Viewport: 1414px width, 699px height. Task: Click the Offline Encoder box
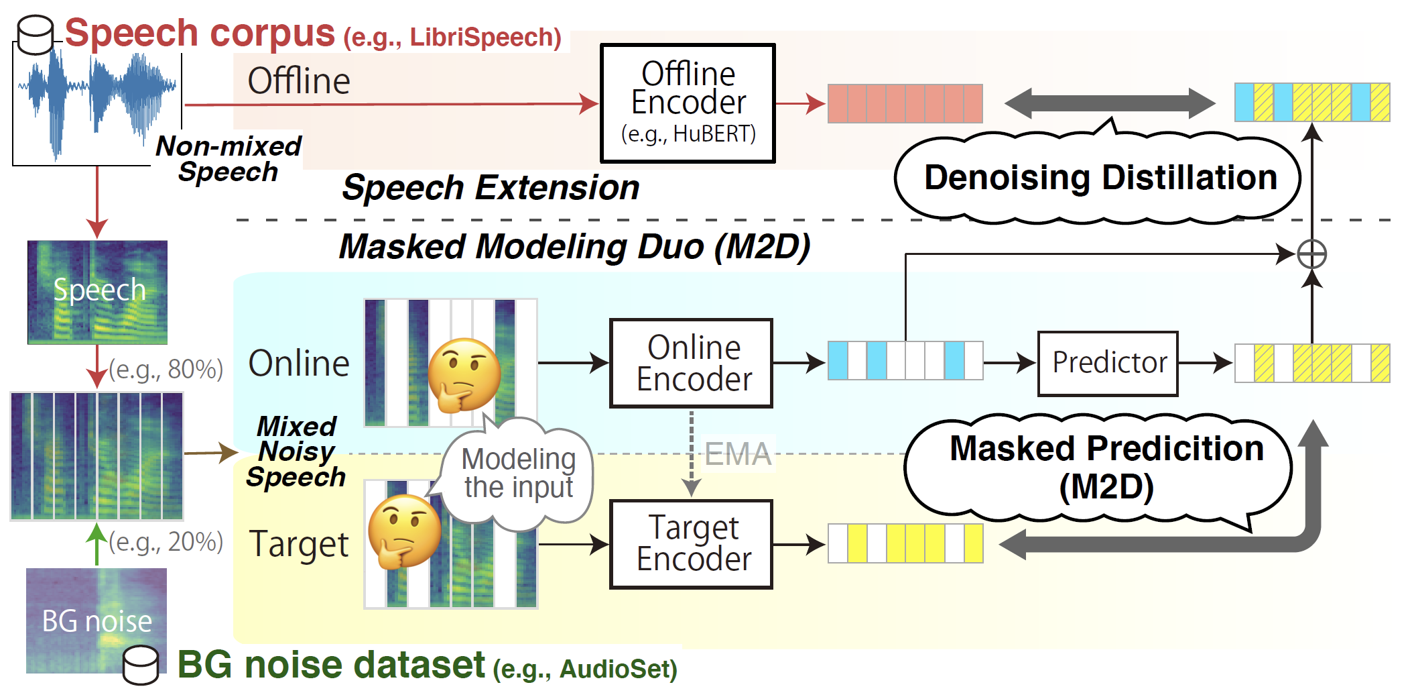point(688,103)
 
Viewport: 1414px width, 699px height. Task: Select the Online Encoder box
point(691,363)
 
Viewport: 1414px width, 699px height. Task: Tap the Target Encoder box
point(691,544)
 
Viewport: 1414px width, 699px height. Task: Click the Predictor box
point(1108,363)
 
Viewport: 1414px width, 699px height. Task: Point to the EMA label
point(737,454)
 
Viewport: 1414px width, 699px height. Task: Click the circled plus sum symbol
point(1311,254)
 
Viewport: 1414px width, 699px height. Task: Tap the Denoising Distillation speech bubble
point(1099,178)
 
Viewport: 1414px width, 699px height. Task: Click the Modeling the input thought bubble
point(518,474)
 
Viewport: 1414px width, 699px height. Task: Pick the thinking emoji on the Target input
point(405,532)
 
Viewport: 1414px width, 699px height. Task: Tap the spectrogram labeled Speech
point(97,292)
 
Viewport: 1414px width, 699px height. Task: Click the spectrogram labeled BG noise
point(96,619)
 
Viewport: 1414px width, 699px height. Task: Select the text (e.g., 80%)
point(166,369)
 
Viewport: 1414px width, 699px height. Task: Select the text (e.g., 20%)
point(166,541)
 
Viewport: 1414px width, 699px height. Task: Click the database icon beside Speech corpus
point(35,35)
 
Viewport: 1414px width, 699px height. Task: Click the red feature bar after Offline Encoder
point(905,103)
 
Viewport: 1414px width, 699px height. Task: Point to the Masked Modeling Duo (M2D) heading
point(574,247)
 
